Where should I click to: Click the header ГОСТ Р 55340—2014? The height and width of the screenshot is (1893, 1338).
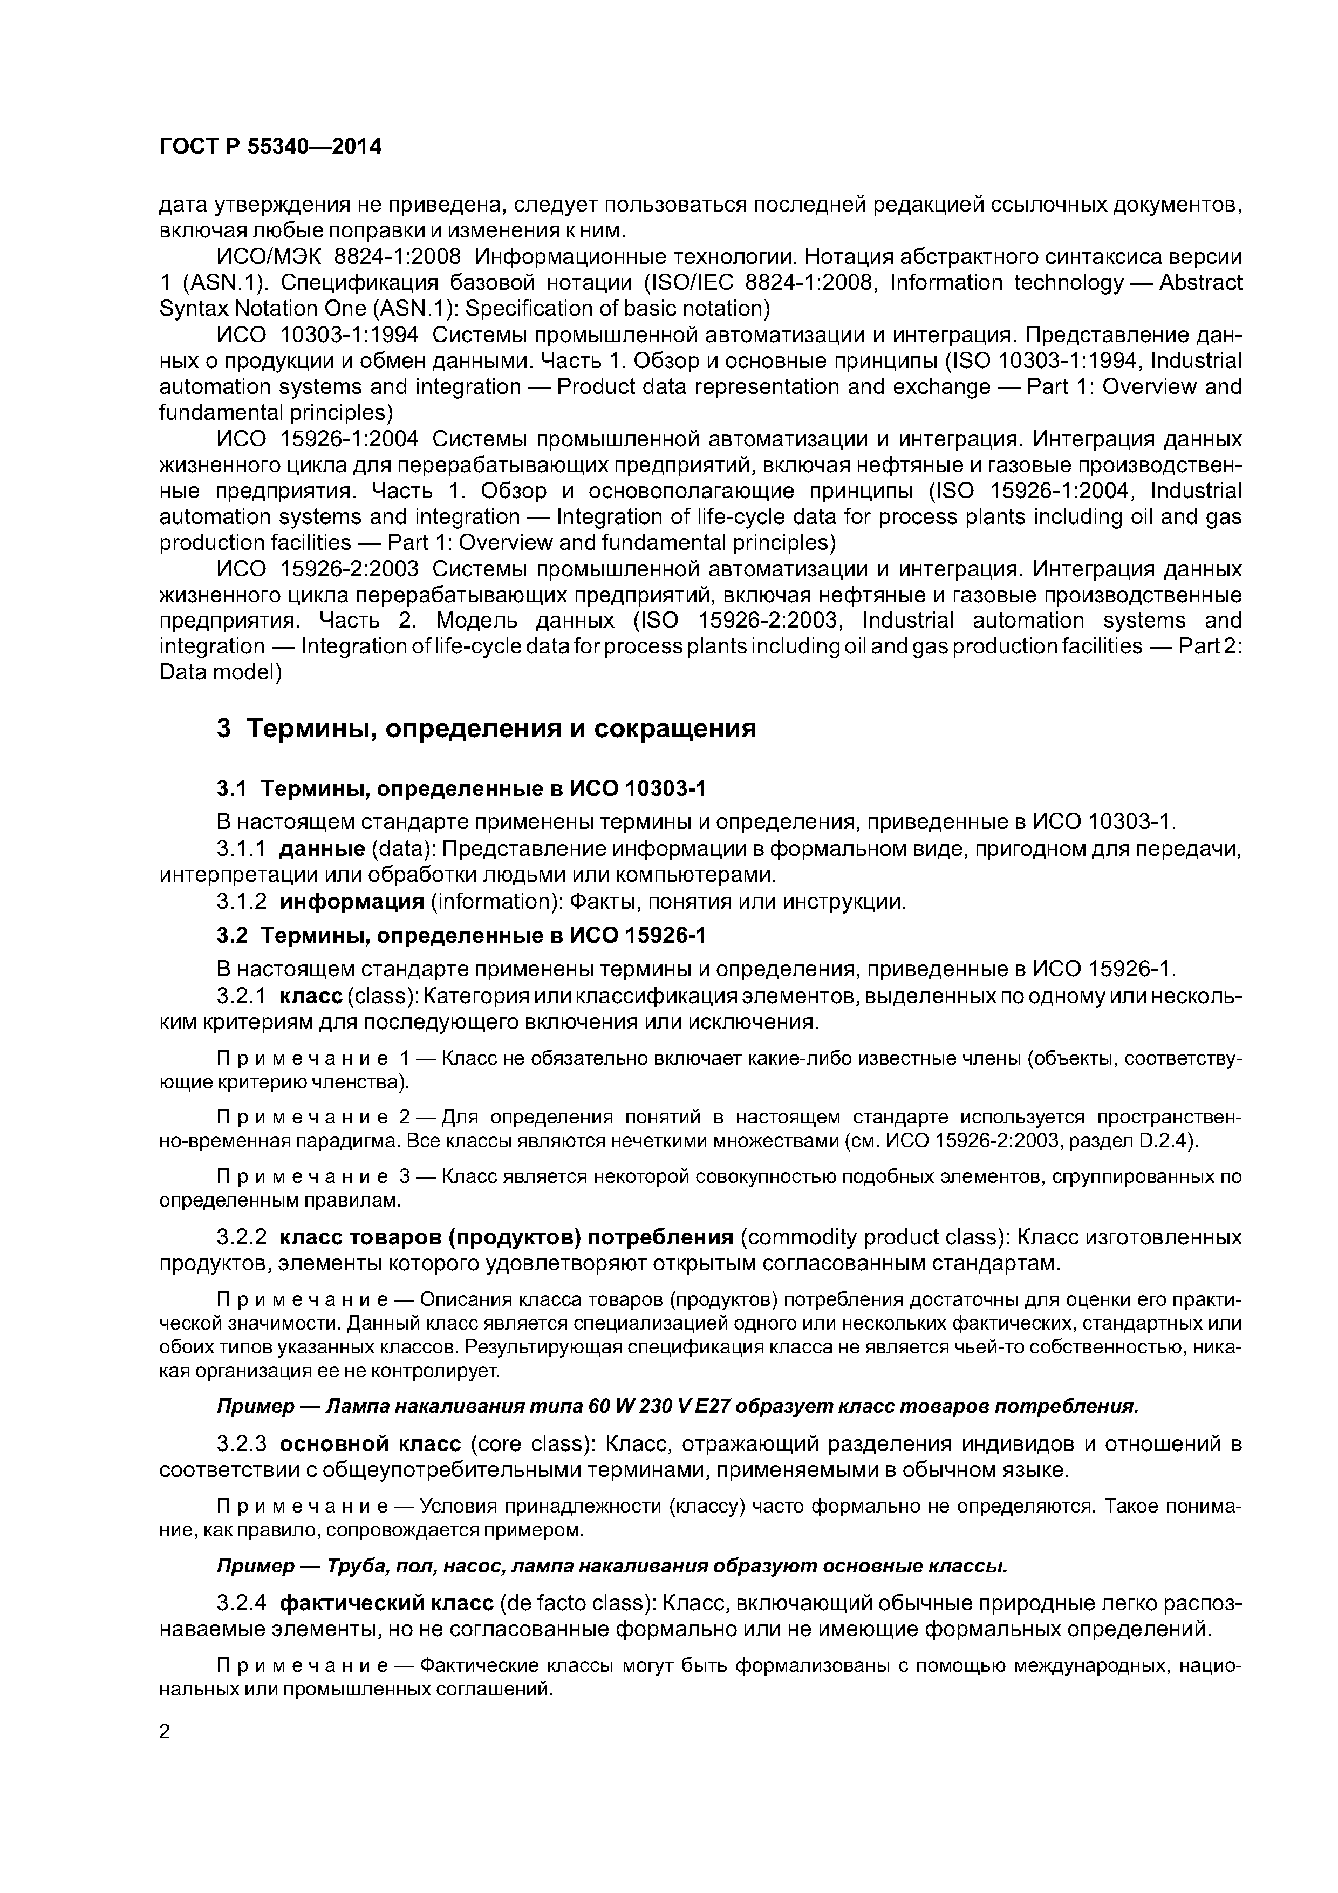click(x=270, y=147)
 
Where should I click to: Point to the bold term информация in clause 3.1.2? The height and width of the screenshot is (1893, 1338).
click(x=352, y=901)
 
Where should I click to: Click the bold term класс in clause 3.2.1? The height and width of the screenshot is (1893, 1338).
click(x=312, y=996)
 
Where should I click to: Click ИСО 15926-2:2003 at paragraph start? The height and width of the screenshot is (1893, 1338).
click(x=318, y=569)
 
